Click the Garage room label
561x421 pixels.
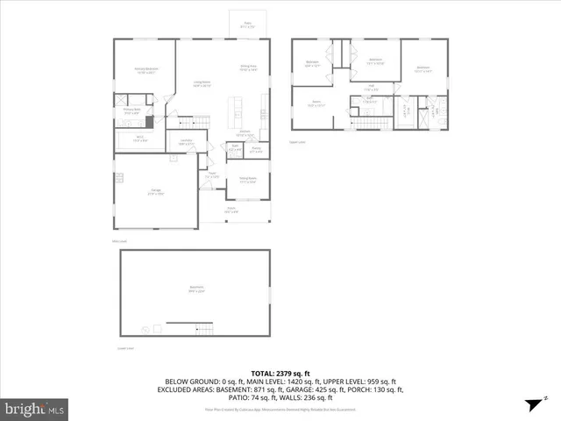(156, 192)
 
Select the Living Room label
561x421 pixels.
(202, 83)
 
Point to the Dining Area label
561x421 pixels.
(248, 67)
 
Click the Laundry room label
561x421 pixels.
(186, 141)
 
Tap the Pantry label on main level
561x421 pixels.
(257, 149)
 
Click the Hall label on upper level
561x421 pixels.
(371, 86)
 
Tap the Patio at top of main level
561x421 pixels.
(248, 25)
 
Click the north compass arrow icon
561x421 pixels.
(530, 404)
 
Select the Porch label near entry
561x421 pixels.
(231, 210)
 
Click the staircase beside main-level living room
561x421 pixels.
(202, 120)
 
